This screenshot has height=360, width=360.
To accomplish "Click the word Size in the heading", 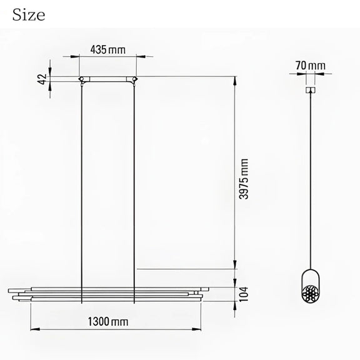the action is (x=29, y=15).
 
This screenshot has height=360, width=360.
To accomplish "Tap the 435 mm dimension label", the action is (x=108, y=50).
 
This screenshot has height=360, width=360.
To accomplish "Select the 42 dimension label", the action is (x=42, y=79).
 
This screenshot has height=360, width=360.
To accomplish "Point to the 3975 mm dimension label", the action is (x=244, y=179).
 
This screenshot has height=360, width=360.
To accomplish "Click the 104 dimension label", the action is (x=244, y=294).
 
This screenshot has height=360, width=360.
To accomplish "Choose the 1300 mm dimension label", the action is (x=108, y=321).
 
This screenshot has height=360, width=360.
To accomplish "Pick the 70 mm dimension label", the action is (x=311, y=66).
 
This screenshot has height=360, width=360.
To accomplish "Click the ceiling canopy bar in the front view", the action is (x=108, y=79).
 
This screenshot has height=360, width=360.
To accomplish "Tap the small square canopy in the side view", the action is (x=311, y=90).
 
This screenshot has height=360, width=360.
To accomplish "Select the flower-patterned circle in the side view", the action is (x=311, y=294).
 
